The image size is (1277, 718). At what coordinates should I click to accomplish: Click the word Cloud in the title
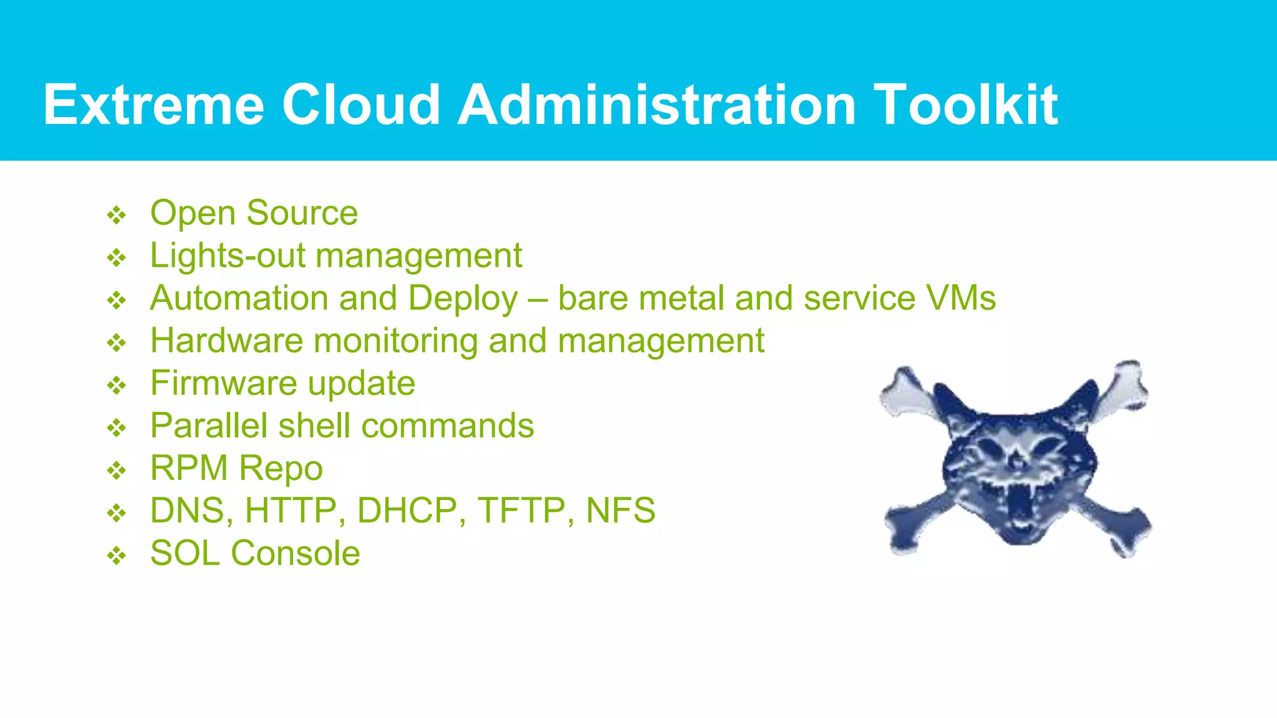[x=362, y=105]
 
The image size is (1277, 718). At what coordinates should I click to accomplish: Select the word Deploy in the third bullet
[x=463, y=299]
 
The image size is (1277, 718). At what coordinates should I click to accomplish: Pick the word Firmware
[x=223, y=383]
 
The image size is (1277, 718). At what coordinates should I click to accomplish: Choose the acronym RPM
[x=189, y=468]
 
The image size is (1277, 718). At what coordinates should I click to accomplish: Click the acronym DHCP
[x=407, y=511]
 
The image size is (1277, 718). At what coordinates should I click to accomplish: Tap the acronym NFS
[x=620, y=511]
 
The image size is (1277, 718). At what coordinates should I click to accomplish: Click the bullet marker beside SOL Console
[x=117, y=555]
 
